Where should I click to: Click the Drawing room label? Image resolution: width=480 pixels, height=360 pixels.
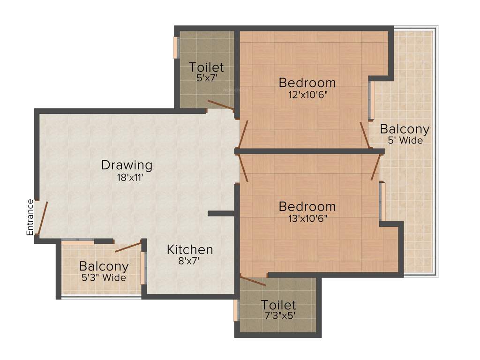coord(127,165)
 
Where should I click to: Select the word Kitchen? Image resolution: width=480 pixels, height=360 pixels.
coord(190,250)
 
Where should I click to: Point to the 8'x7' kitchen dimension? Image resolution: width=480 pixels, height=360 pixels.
coord(189,262)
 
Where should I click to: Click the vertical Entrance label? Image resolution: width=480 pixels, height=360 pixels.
coord(30,217)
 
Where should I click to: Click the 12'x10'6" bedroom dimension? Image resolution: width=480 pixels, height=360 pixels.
coord(307,94)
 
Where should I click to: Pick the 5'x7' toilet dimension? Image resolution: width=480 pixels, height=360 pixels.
coord(206,78)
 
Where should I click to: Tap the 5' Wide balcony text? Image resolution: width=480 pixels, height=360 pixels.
coord(405,141)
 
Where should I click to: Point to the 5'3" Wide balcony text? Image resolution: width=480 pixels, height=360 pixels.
coord(104,277)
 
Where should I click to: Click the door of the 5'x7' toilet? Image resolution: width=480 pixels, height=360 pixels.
coord(220,105)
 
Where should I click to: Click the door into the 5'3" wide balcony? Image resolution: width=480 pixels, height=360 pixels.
coord(128,247)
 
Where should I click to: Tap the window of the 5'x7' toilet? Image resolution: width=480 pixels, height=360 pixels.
coord(176,47)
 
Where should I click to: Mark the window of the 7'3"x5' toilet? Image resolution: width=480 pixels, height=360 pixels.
coord(236,310)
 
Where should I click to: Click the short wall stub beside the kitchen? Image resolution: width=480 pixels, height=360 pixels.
coord(221,214)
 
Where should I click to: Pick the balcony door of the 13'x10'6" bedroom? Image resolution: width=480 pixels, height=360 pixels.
coord(375,167)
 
